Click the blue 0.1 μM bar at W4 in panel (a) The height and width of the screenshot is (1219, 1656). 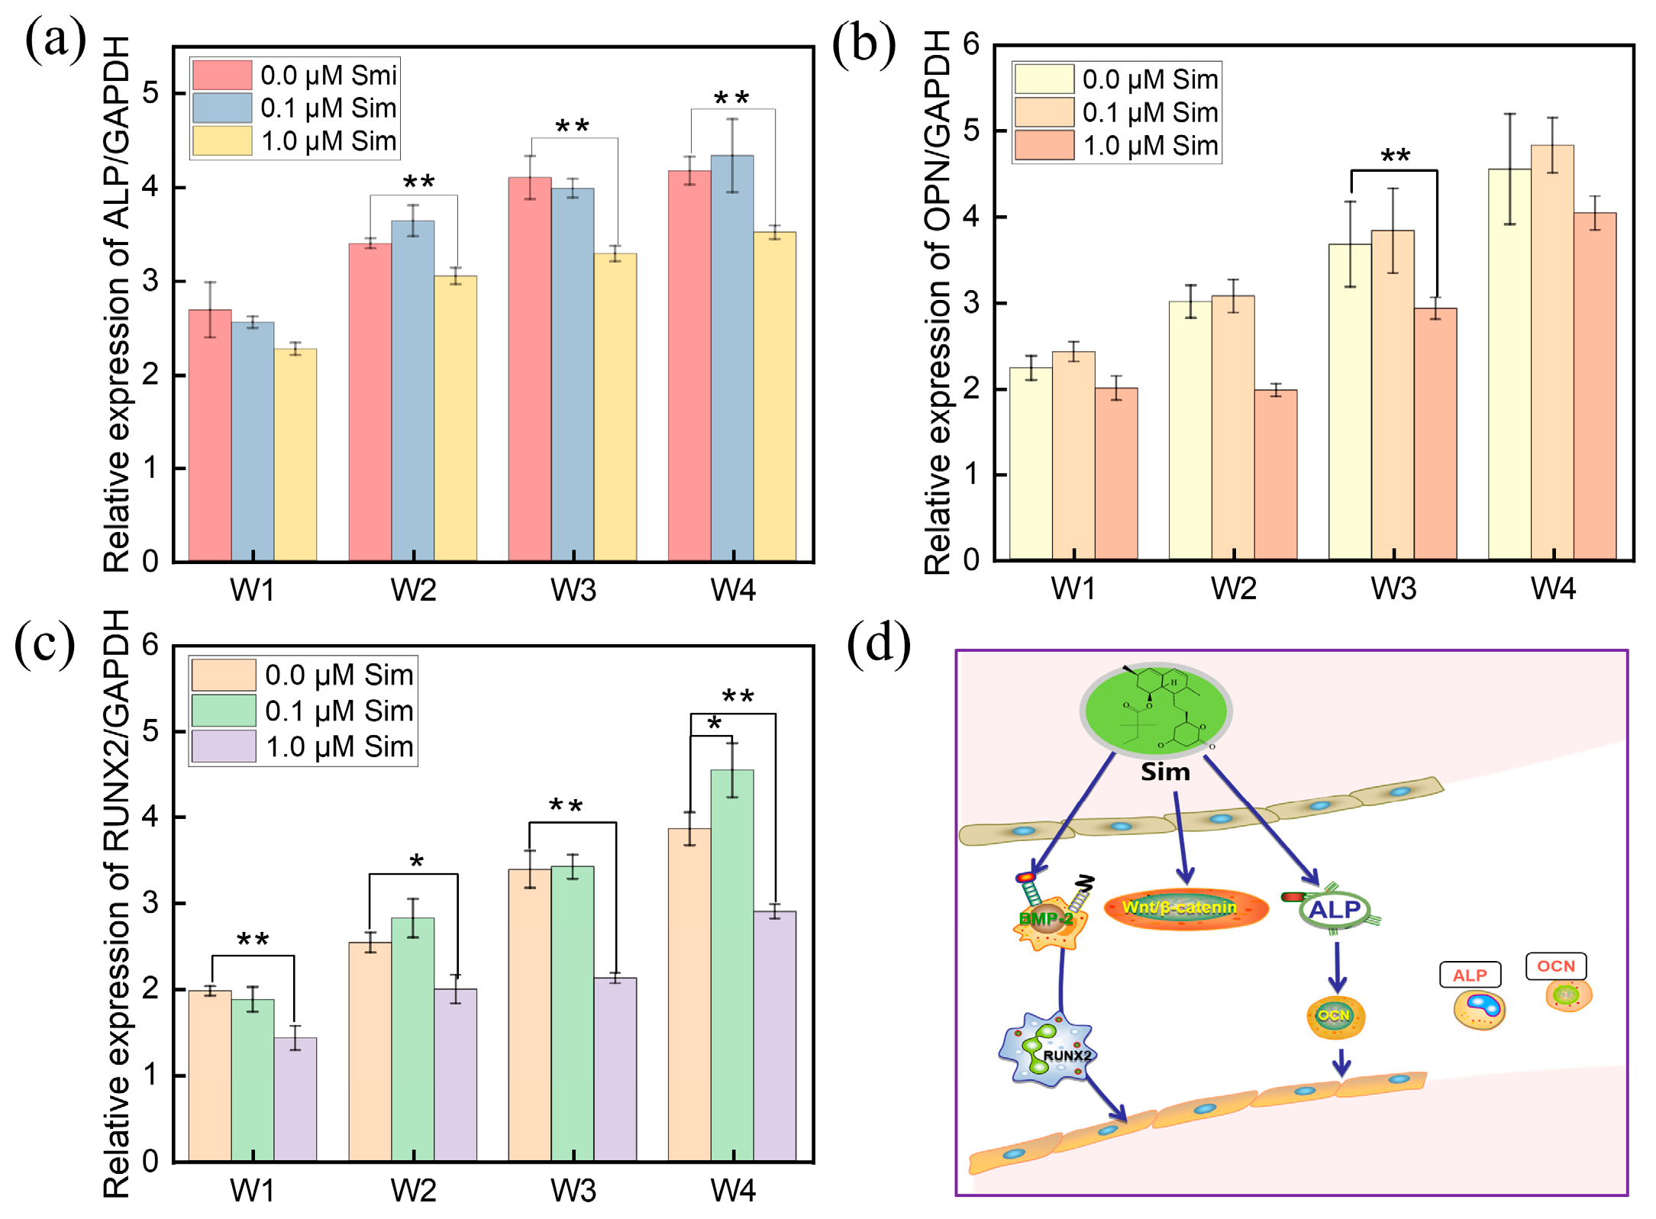pos(731,359)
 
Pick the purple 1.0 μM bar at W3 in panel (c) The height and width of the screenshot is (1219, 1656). pos(615,1069)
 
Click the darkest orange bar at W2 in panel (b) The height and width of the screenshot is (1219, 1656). pos(1275,474)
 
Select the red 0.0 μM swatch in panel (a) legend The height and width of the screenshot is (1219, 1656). pos(221,75)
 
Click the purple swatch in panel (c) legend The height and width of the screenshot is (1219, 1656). pos(223,746)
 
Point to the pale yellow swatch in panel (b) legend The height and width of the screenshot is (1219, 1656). pos(1044,79)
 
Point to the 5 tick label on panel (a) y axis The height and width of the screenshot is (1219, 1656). pos(150,93)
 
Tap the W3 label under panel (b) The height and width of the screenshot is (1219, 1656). pos(1393,589)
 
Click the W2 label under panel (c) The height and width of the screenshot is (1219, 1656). pos(413,1190)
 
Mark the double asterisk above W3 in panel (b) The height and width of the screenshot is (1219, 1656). pos(1395,156)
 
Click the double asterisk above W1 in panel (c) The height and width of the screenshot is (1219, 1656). pos(253,940)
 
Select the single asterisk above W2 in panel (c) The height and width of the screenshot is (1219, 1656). pos(416,862)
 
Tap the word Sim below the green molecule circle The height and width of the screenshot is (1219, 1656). pos(1165,772)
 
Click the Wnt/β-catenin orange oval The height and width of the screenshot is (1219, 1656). pos(1186,908)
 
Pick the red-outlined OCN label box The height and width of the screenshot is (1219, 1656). pos(1555,966)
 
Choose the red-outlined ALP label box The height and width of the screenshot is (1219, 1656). pos(1470,975)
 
